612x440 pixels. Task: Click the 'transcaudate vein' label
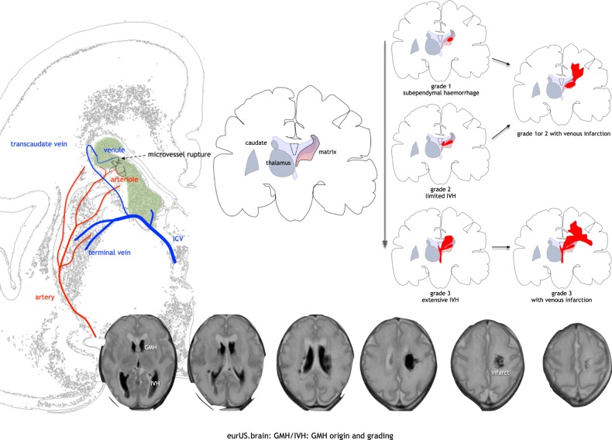44,144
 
